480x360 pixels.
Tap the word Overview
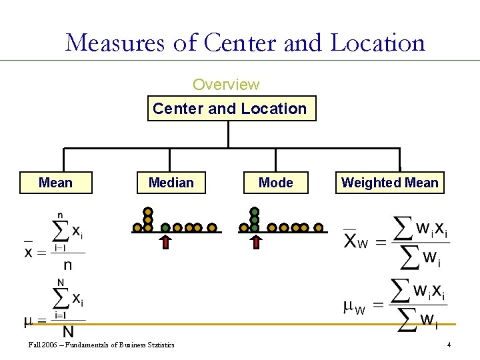click(x=226, y=85)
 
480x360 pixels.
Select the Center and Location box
click(x=230, y=109)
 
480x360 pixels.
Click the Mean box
click(x=56, y=183)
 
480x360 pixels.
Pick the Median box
click(x=171, y=183)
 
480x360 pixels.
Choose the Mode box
click(x=276, y=183)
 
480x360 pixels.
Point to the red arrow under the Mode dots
click(x=255, y=241)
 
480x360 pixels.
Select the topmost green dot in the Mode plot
click(x=255, y=212)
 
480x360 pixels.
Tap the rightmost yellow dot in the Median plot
click(x=212, y=228)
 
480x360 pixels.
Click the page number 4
click(x=449, y=345)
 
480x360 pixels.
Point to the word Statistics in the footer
click(x=159, y=345)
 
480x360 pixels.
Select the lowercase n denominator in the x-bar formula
click(x=68, y=265)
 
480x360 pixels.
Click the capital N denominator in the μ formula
click(x=68, y=331)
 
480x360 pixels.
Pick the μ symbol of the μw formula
click(x=349, y=306)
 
